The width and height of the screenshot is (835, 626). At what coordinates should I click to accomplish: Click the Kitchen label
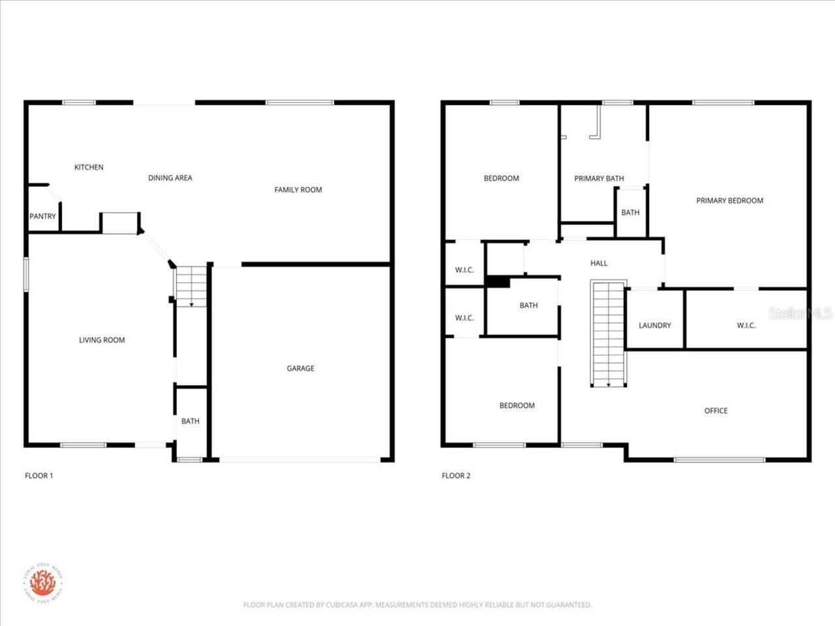click(x=89, y=168)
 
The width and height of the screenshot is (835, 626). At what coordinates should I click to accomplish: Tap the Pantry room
click(x=42, y=216)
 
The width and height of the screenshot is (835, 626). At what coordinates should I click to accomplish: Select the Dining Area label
click(x=170, y=178)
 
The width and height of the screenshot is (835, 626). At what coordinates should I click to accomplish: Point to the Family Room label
click(x=298, y=190)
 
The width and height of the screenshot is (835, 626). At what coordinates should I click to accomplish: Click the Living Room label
click(x=102, y=340)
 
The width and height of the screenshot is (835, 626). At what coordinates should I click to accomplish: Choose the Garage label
click(x=300, y=368)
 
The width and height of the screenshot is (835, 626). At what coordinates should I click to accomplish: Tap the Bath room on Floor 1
click(x=190, y=421)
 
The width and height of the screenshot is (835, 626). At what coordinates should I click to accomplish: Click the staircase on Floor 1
click(x=191, y=286)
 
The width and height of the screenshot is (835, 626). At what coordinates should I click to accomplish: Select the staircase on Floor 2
click(x=608, y=333)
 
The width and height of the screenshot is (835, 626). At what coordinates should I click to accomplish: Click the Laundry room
click(x=654, y=325)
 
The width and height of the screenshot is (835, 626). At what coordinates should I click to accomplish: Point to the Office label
click(x=716, y=411)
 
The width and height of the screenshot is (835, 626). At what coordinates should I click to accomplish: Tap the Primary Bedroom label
click(x=729, y=201)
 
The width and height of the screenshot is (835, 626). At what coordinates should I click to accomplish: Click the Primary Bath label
click(x=599, y=179)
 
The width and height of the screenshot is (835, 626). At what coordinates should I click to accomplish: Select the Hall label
click(x=599, y=263)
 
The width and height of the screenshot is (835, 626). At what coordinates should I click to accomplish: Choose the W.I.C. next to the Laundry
click(x=746, y=325)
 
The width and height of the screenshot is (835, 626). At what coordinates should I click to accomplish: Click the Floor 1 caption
click(x=38, y=475)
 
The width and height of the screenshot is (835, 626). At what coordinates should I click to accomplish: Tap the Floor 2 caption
click(x=456, y=475)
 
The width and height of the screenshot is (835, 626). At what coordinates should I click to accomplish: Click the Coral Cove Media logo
click(x=43, y=582)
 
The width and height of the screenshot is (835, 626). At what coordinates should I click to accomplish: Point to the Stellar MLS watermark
click(x=800, y=313)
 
